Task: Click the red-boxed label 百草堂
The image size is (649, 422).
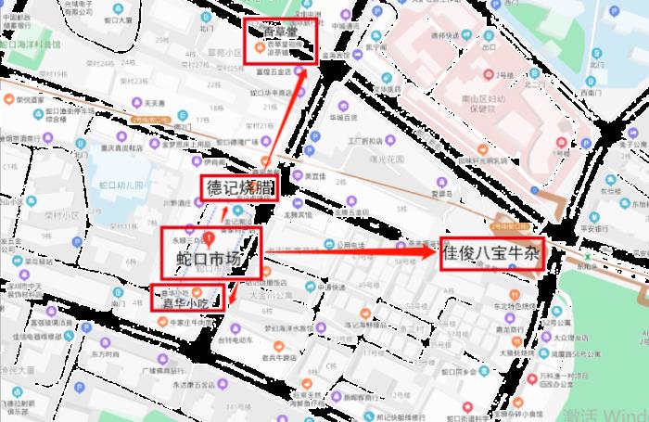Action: pos(283,31)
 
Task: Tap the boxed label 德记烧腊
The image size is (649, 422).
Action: pos(239,187)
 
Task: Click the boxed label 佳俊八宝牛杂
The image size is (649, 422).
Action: pos(491,251)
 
